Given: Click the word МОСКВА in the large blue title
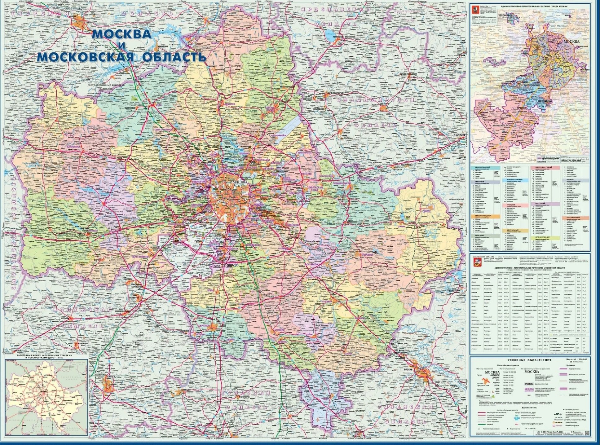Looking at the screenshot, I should click(122, 34).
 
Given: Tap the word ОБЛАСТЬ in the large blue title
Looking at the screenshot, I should click(175, 57).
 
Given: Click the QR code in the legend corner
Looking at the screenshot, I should click(585, 432).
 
